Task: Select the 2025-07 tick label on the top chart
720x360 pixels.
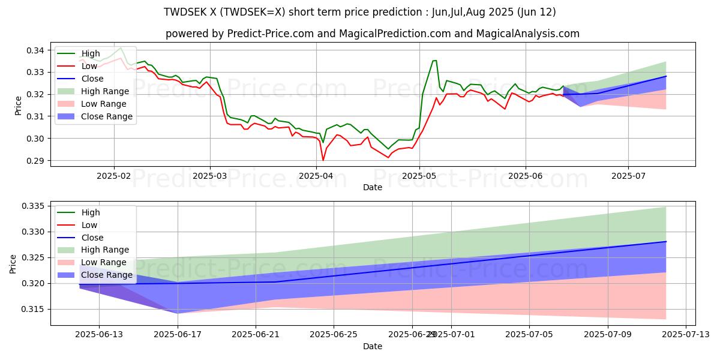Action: [x=628, y=176]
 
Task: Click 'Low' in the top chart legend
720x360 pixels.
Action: [x=88, y=66]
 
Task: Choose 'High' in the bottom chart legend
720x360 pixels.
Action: [x=90, y=212]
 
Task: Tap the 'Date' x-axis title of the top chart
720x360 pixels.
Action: [x=373, y=187]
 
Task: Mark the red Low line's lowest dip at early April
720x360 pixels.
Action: [x=323, y=160]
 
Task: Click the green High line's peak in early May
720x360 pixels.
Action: [x=434, y=60]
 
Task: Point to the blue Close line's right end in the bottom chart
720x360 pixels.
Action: [x=666, y=242]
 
